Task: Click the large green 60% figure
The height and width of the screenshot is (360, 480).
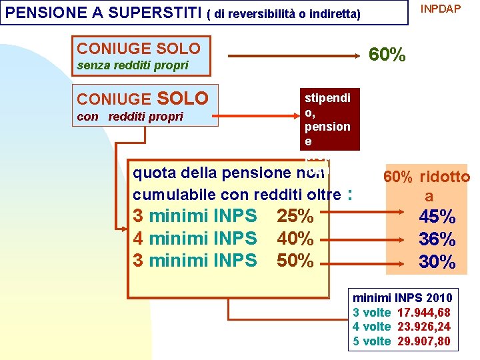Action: pos(387,55)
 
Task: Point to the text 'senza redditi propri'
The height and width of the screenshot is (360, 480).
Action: pos(133,65)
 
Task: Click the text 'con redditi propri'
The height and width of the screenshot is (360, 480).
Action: pos(130,117)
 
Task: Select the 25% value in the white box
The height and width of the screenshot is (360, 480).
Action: pos(295,216)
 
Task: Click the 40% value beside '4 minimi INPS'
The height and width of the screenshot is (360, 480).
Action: pos(295,238)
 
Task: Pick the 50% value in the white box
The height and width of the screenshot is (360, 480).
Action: pos(295,260)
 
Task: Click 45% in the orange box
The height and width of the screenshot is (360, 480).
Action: pos(437,217)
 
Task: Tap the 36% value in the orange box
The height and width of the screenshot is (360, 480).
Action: pos(437,239)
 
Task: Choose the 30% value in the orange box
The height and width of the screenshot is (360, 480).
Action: pos(437,261)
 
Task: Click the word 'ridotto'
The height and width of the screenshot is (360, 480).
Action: pos(445,177)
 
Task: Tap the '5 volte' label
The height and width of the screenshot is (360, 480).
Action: pos(371,341)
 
